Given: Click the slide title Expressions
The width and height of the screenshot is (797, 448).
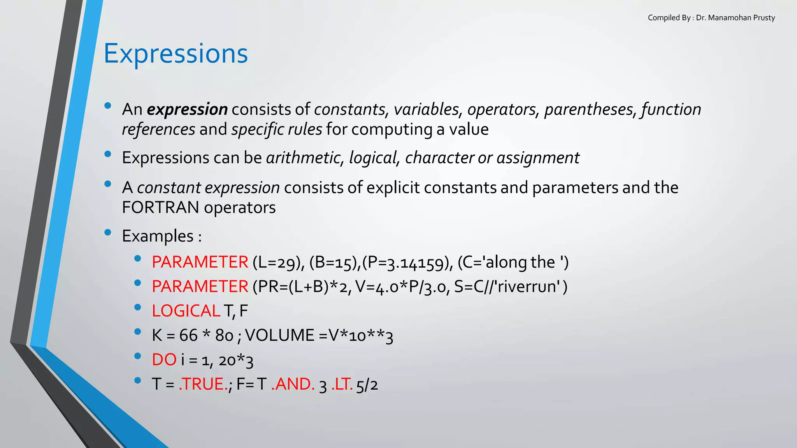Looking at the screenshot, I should click(176, 53).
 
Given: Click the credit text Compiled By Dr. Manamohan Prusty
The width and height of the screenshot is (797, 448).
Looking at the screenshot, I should click(711, 18).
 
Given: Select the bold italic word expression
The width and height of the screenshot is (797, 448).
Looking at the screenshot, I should click(187, 109).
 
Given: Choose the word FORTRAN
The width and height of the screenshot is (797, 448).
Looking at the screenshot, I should click(160, 208).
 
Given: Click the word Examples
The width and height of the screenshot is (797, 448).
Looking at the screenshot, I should click(158, 236).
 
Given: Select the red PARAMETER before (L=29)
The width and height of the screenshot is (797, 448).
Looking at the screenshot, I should click(200, 262).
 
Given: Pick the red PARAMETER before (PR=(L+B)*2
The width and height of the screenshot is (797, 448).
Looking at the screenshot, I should click(200, 287).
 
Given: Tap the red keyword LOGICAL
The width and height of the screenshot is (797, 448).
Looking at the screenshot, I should click(186, 311).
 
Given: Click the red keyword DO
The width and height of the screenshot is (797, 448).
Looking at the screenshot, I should click(164, 360).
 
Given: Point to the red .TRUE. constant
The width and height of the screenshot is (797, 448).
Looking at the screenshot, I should click(203, 384).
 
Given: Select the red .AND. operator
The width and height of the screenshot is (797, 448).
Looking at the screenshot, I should click(293, 384).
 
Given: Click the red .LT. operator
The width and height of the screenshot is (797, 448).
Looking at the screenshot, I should click(342, 384).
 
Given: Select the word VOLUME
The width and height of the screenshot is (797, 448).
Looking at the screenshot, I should click(279, 335).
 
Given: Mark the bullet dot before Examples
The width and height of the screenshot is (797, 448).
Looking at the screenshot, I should click(108, 233).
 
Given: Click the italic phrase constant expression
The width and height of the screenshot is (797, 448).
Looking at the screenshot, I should click(208, 188).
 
